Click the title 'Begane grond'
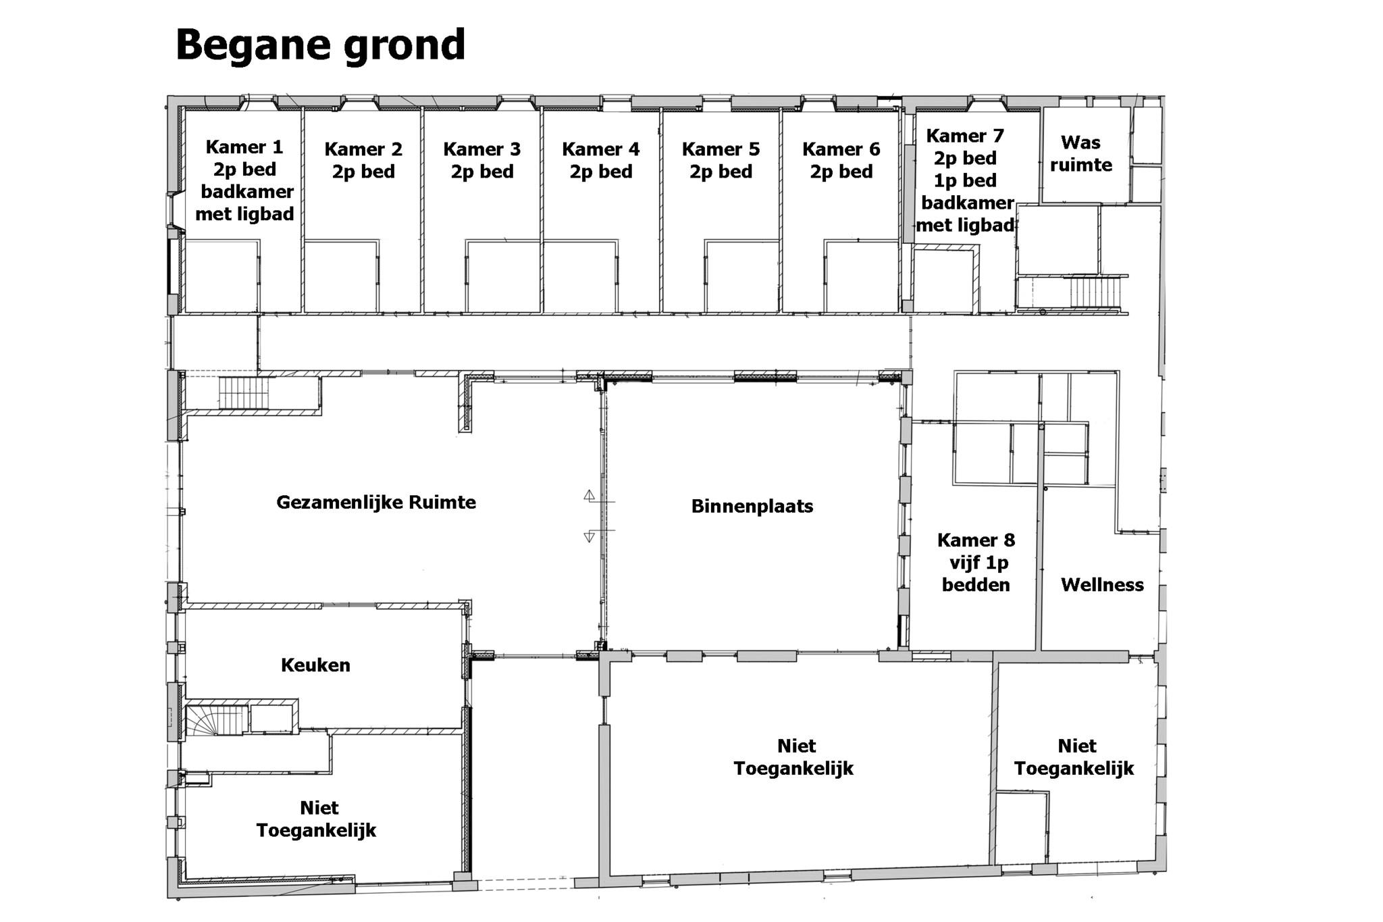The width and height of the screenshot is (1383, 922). pos(320,45)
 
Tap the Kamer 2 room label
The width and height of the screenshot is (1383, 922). pos(363,160)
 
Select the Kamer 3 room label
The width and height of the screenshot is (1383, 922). pos(482,160)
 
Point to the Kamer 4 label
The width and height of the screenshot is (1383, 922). pos(601,160)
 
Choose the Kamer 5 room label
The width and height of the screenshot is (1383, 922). pos(721,160)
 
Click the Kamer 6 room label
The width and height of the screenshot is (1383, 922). pos(841,160)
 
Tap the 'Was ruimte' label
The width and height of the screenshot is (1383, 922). pos(1080,153)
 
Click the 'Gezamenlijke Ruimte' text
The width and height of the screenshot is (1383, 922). pos(376,503)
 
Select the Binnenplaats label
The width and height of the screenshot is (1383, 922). pos(752,507)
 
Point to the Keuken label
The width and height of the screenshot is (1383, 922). pos(315,665)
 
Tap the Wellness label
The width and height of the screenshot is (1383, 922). pos(1102,585)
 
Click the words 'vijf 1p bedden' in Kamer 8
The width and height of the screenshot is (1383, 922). pos(977,573)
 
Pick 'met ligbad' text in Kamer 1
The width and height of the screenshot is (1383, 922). pos(244,214)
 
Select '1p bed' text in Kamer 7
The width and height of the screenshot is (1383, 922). pos(965,180)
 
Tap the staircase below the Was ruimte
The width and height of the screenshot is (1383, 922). pos(1094,292)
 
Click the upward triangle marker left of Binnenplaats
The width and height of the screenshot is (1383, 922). pos(589,495)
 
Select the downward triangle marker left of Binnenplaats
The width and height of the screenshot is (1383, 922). pos(589,537)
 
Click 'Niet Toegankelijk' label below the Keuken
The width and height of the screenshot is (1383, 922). pos(316,819)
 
